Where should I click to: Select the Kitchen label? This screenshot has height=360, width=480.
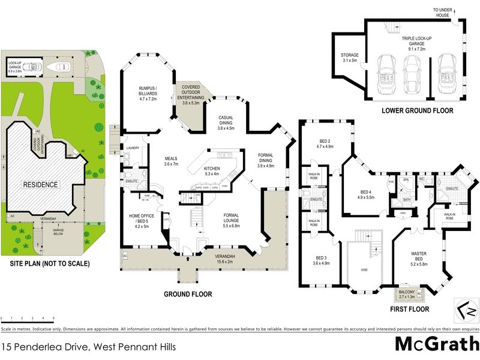tap(212, 170)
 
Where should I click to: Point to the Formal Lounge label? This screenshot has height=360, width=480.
tap(231, 222)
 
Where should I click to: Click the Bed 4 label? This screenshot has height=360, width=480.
tap(366, 193)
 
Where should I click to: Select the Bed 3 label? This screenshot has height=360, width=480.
tap(322, 260)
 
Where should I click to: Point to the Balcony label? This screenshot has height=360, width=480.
tap(407, 293)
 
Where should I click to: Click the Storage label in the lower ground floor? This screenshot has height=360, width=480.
tap(350, 58)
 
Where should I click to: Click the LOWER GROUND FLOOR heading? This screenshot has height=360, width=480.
tap(417, 111)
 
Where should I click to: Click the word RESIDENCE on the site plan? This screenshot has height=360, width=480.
tap(41, 185)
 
